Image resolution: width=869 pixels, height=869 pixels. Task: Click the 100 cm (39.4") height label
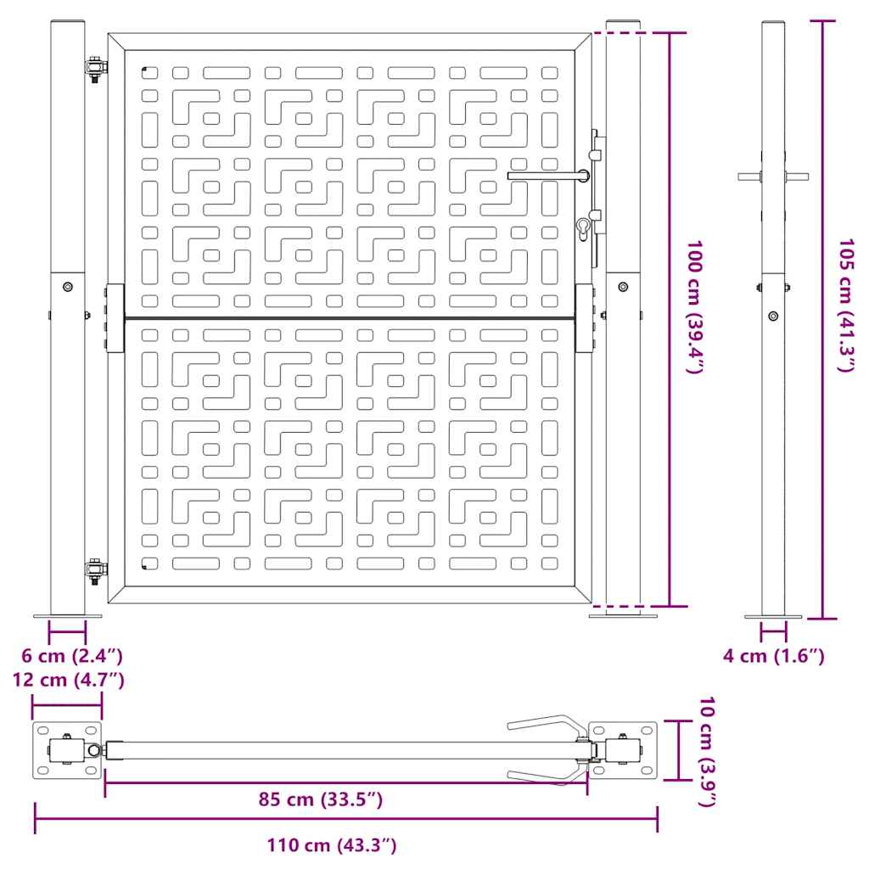[695, 307]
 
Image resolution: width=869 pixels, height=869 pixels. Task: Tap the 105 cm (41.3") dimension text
[846, 306]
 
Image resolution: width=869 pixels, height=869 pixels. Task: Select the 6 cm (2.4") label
[72, 656]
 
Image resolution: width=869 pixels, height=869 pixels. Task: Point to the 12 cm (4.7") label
[69, 680]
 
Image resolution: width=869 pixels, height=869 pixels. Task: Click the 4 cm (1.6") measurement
[774, 656]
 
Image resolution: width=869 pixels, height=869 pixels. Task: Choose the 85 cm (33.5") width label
[321, 799]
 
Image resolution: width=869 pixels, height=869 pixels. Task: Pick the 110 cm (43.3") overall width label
[332, 845]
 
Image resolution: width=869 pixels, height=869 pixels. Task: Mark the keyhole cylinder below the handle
[584, 229]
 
